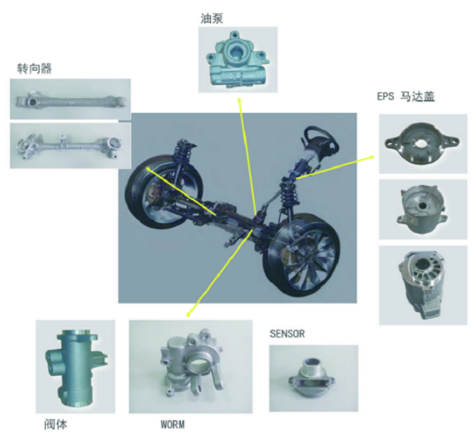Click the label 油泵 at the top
(211, 18)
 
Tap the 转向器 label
(34, 68)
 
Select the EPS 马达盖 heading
(406, 97)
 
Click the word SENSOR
(287, 334)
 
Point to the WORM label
(173, 424)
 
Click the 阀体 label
(56, 424)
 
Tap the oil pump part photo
(238, 60)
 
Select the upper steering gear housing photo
(71, 99)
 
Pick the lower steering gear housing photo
(71, 146)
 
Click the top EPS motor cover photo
(423, 144)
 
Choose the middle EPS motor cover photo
(423, 209)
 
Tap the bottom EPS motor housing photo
(423, 286)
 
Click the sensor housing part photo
(313, 378)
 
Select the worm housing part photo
(190, 367)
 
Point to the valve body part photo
(75, 367)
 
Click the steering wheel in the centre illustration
(319, 138)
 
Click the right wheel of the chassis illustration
(301, 255)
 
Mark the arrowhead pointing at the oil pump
(239, 100)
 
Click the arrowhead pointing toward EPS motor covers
(371, 157)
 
